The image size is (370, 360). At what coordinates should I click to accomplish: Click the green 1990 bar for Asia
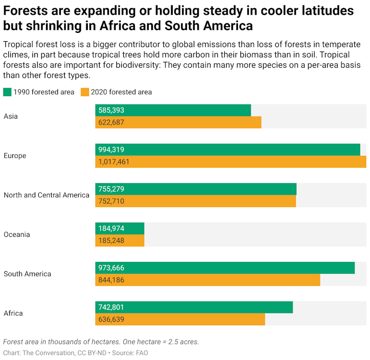[x=173, y=110]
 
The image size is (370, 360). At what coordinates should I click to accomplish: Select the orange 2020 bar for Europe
[x=231, y=162]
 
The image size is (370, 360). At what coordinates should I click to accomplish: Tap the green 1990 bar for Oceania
[x=120, y=229]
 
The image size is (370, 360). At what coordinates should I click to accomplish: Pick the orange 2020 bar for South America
[x=208, y=280]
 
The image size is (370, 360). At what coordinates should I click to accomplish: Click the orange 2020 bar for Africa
[x=180, y=319]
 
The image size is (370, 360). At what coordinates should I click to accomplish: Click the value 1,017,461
[x=114, y=162]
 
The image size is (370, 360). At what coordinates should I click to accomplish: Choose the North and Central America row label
[x=47, y=195]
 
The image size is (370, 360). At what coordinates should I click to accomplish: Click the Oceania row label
[x=17, y=234]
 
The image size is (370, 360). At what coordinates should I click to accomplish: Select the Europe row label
[x=15, y=156]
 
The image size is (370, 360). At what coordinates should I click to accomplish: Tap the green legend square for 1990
[x=7, y=92]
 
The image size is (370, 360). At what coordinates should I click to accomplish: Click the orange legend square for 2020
[x=85, y=92]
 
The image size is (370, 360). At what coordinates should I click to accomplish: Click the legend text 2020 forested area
[x=121, y=92]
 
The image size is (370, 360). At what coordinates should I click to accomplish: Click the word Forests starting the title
[x=27, y=11]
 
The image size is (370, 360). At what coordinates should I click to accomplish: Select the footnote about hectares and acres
[x=101, y=342]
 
